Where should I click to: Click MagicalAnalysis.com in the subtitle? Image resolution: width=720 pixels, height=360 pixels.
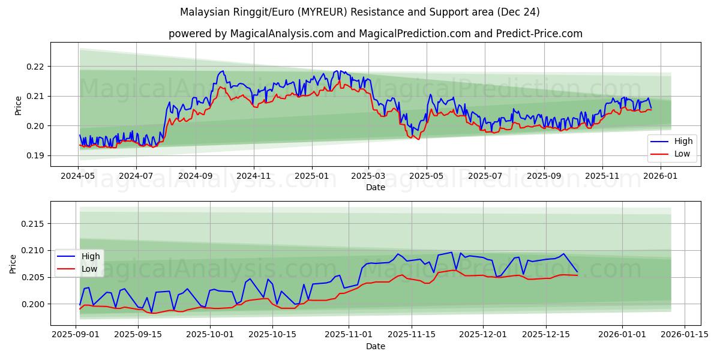(282, 34)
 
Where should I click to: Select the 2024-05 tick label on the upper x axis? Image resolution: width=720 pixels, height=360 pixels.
(79, 176)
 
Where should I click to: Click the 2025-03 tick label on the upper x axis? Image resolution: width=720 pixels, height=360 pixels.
(368, 176)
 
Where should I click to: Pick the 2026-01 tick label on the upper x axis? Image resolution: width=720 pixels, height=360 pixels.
(661, 176)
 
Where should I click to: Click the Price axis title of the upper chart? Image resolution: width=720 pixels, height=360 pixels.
(18, 105)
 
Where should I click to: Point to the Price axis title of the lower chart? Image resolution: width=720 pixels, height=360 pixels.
(13, 263)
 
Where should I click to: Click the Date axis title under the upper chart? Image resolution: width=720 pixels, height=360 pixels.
(376, 188)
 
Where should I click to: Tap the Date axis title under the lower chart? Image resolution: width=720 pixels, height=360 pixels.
(376, 346)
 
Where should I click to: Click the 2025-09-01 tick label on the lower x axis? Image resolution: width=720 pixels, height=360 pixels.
(76, 335)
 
